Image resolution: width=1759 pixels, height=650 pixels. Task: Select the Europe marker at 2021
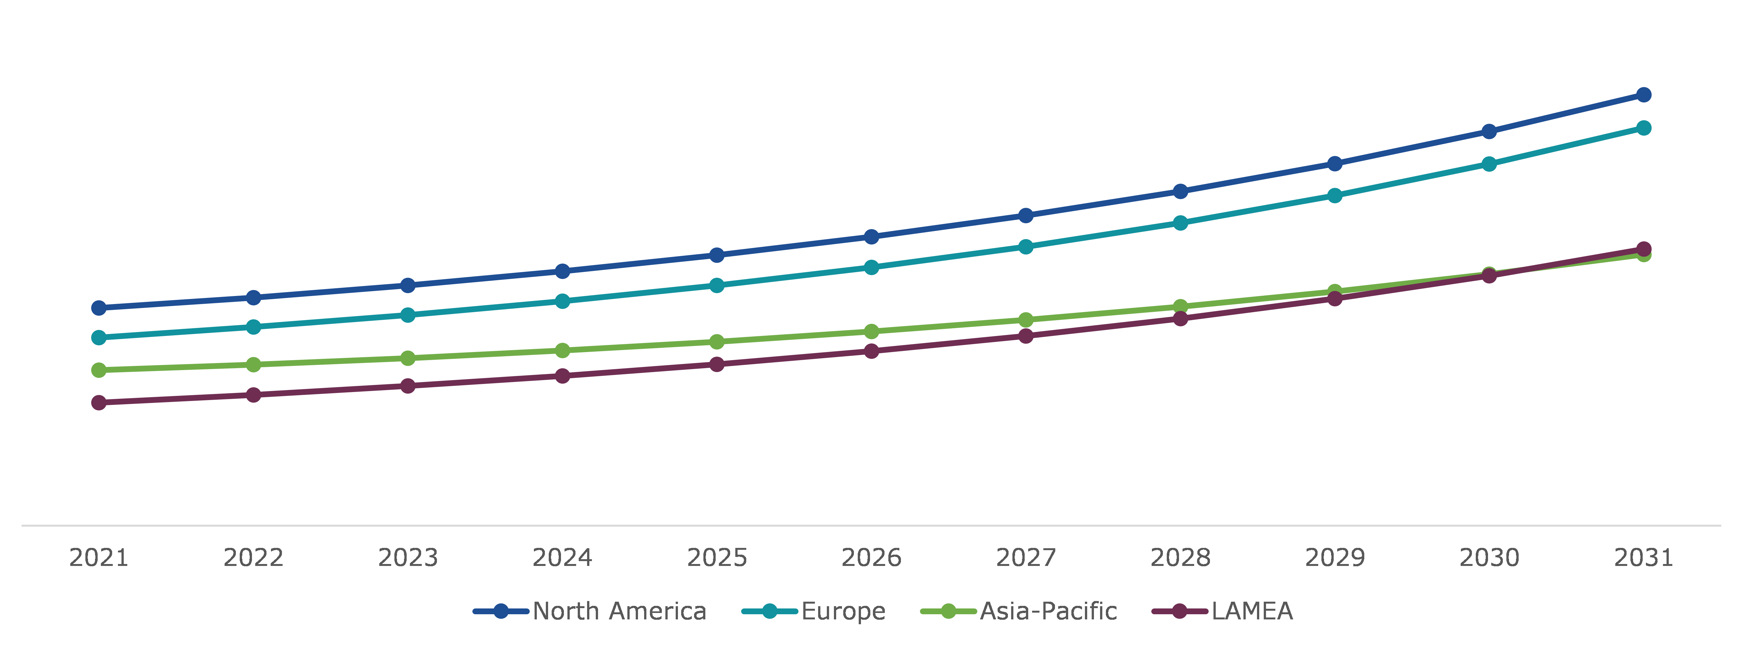pyautogui.click(x=99, y=337)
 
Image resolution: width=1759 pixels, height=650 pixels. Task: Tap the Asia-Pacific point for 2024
pyautogui.click(x=562, y=350)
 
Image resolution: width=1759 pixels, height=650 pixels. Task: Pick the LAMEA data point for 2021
pyautogui.click(x=99, y=403)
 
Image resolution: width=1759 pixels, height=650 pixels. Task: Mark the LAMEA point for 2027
pyautogui.click(x=1026, y=336)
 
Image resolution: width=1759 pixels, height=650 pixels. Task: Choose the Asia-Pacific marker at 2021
pyautogui.click(x=99, y=370)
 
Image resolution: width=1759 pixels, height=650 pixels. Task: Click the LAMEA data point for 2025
pyautogui.click(x=716, y=365)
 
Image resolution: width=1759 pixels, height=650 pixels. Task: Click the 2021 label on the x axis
pyautogui.click(x=99, y=558)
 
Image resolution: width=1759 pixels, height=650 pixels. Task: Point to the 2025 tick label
pyautogui.click(x=716, y=558)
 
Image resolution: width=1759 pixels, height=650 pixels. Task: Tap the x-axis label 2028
pyautogui.click(x=1180, y=558)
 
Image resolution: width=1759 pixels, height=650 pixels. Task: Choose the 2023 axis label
pyautogui.click(x=408, y=558)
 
